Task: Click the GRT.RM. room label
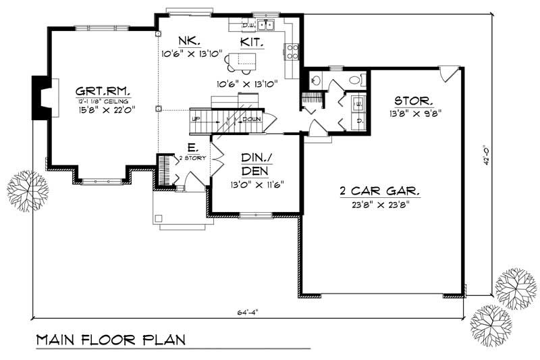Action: click(103, 90)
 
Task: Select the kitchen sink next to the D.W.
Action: click(268, 26)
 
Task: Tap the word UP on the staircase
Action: click(197, 119)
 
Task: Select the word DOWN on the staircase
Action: click(251, 119)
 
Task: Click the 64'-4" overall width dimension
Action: click(248, 311)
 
